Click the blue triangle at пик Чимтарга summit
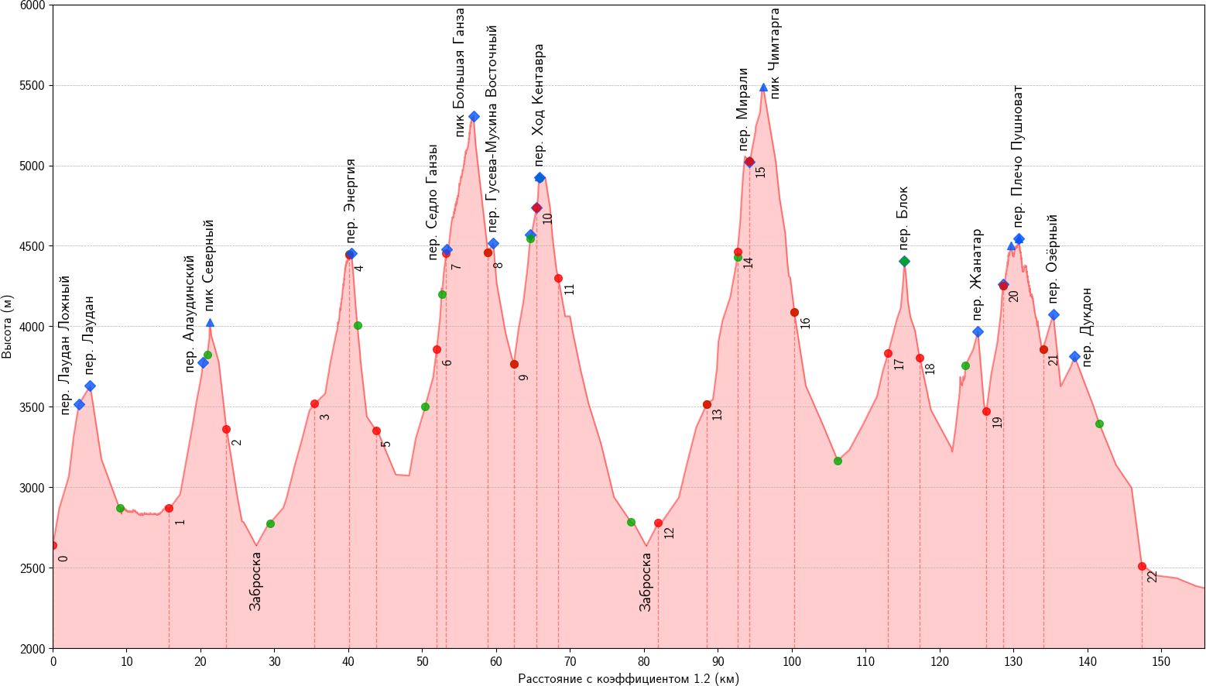(763, 87)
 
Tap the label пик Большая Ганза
(459, 73)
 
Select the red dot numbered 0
(53, 545)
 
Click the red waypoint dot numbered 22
(1142, 566)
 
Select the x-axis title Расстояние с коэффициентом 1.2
(628, 679)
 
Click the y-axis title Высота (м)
(8, 326)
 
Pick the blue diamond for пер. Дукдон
(1074, 356)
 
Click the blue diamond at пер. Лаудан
(90, 386)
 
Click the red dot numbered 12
(658, 523)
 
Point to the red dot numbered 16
(794, 312)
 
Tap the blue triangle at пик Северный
(210, 323)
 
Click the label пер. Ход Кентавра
(540, 105)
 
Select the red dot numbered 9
(514, 364)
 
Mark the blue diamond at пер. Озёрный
(1054, 314)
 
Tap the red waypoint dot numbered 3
(314, 403)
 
